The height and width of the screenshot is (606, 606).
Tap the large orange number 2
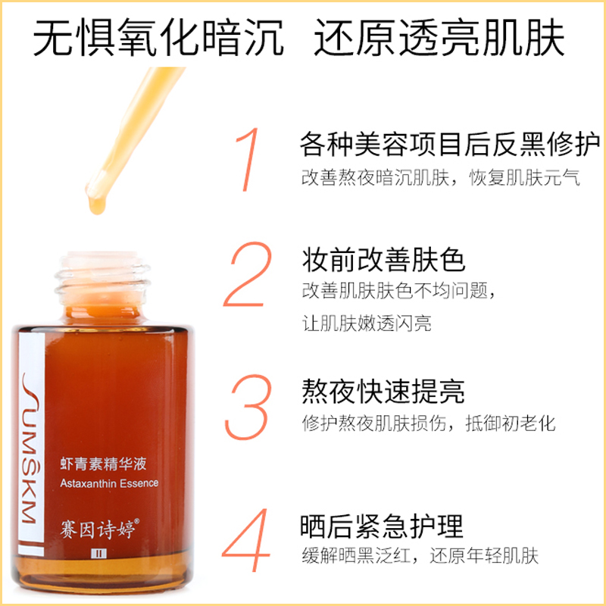[x=248, y=274]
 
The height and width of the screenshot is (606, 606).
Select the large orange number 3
[x=248, y=407]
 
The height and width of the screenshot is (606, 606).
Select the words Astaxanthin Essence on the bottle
[x=109, y=483]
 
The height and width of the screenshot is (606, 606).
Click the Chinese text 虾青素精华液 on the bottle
[x=104, y=464]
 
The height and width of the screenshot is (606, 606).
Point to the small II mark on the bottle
[x=99, y=554]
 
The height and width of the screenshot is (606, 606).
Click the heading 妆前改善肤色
[x=383, y=260]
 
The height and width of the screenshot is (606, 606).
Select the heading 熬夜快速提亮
[x=383, y=391]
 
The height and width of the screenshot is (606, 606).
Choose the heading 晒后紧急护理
[x=382, y=526]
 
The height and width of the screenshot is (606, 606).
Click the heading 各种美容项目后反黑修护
[x=450, y=144]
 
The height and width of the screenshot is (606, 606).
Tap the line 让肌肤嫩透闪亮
[x=367, y=323]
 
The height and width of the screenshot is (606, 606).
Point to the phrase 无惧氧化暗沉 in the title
[x=158, y=38]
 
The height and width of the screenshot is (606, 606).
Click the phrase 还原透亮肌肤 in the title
[x=439, y=38]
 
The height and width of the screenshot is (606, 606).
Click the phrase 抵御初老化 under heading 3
[x=511, y=423]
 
